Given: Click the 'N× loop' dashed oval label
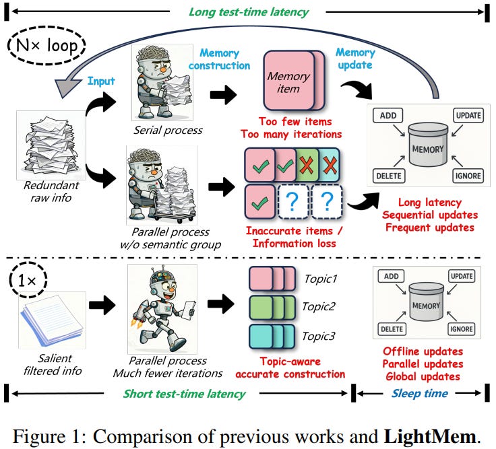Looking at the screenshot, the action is click(x=46, y=46).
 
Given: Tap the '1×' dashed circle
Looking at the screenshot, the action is click(x=28, y=280).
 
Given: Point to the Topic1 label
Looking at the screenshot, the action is click(x=320, y=279).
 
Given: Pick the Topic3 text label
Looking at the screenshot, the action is click(x=319, y=336).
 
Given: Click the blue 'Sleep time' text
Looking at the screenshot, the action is click(x=420, y=393).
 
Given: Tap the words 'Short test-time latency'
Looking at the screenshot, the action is click(x=185, y=394).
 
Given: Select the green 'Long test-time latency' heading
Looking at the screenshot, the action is click(x=249, y=12).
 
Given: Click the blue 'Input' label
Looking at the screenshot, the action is click(x=101, y=81).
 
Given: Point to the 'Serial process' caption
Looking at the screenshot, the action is click(x=168, y=130).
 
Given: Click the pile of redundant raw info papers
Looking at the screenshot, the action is click(x=51, y=145).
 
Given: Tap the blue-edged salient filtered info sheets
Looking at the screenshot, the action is click(x=52, y=320).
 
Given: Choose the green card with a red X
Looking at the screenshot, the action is click(x=307, y=165).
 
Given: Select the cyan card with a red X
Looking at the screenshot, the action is click(x=330, y=165).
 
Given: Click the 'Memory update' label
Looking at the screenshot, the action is click(x=355, y=59).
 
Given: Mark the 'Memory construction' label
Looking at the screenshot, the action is click(x=219, y=59).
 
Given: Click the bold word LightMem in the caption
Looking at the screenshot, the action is click(x=430, y=437).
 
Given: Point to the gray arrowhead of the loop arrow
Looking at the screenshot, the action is click(x=67, y=88).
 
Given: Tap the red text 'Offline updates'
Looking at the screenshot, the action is click(x=423, y=351).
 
